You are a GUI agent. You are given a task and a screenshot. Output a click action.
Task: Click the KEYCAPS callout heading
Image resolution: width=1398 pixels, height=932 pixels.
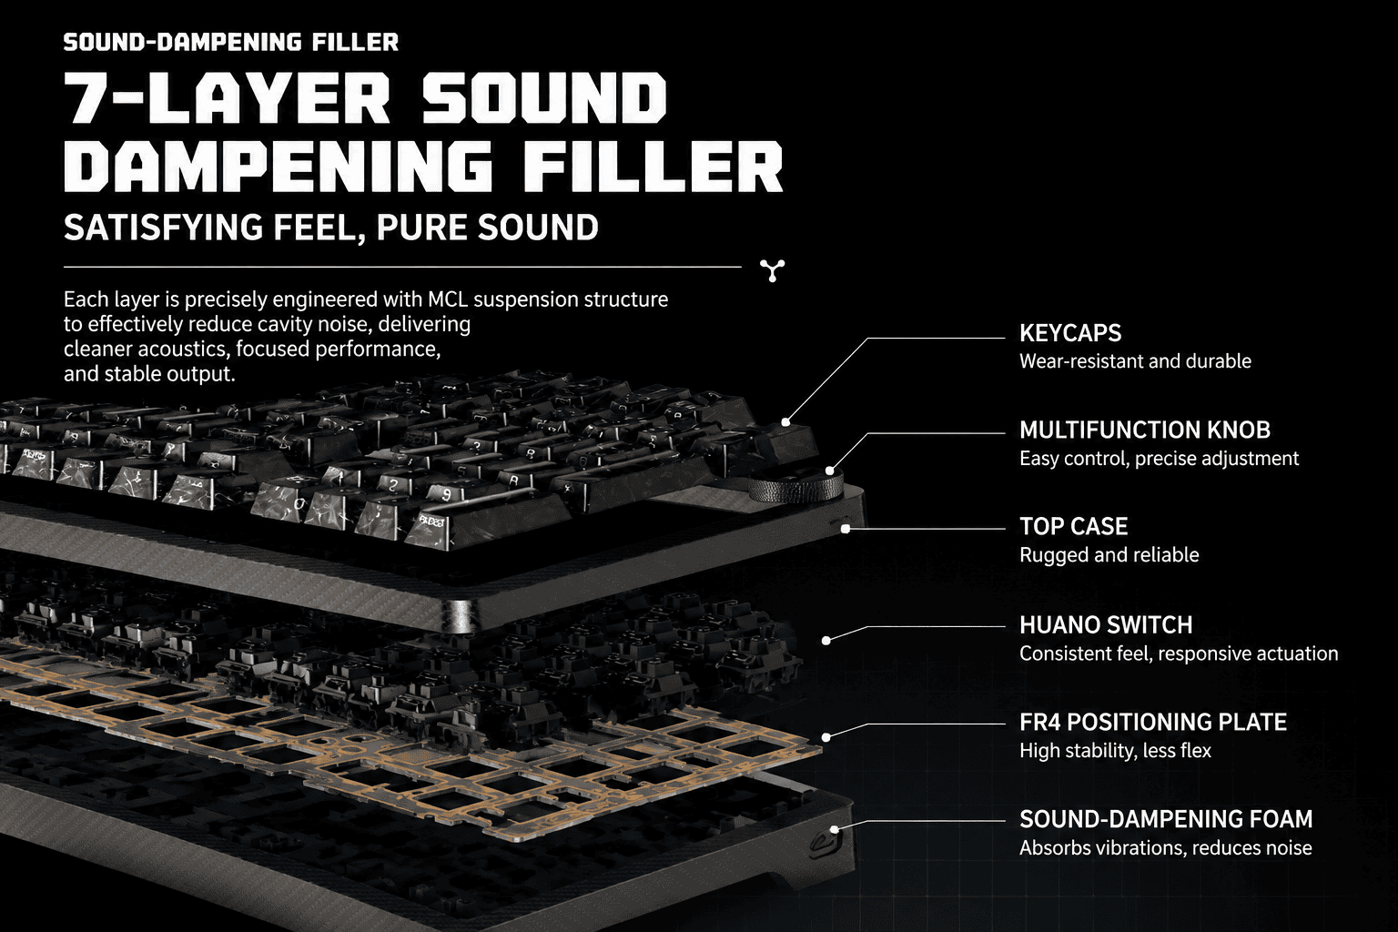[x=1070, y=333]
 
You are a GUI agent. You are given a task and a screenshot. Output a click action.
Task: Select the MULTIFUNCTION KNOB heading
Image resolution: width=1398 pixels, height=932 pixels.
[x=1145, y=431]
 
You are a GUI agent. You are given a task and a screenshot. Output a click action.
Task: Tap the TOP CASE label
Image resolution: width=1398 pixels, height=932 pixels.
[x=1073, y=527]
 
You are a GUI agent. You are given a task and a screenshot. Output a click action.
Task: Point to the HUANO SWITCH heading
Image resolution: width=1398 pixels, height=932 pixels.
[x=1106, y=625]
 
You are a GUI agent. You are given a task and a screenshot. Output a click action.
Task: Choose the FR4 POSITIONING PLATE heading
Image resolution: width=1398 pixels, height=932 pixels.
[x=1153, y=723]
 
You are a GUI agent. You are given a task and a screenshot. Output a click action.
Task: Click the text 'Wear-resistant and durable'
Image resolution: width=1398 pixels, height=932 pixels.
[x=1135, y=361]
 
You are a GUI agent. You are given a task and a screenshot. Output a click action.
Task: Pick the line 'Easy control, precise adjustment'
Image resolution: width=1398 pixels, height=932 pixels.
[x=1159, y=459]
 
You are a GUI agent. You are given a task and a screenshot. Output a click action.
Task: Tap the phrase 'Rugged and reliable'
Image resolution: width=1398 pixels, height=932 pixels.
[x=1109, y=555]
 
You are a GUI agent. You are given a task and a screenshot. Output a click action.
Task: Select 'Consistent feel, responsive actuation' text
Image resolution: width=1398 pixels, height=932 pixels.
[x=1179, y=653]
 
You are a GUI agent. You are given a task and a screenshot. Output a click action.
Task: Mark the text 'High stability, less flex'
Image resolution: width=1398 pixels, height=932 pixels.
[x=1115, y=751]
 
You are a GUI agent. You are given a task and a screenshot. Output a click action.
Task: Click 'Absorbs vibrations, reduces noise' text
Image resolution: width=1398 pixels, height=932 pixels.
[x=1166, y=848]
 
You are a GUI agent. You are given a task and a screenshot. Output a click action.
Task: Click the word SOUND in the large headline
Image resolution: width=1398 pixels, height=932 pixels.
[x=543, y=98]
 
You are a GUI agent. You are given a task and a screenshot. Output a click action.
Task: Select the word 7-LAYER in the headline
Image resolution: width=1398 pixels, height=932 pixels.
[x=228, y=98]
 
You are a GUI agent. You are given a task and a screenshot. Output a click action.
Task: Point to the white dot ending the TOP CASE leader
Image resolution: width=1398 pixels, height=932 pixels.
[x=845, y=529]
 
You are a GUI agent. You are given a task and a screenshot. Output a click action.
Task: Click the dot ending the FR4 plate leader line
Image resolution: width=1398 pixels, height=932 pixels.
[x=826, y=737]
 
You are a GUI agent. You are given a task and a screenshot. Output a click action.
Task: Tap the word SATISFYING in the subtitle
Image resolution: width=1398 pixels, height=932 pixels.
[x=163, y=227]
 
